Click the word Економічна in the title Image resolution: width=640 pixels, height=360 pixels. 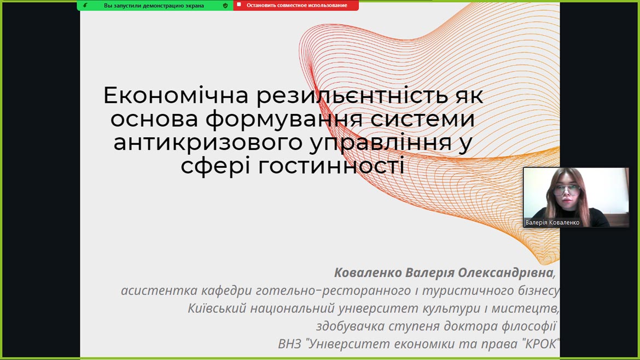click(176, 96)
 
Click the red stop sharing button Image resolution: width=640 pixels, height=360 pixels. click(296, 5)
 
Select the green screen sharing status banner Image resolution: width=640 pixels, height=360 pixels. click(155, 5)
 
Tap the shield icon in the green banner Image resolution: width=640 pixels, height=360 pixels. click(225, 5)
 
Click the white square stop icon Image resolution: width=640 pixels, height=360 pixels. click(239, 5)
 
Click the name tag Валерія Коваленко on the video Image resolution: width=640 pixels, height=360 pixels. click(552, 223)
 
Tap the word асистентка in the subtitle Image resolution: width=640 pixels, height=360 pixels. click(154, 291)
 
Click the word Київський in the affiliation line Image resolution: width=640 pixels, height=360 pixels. click(217, 308)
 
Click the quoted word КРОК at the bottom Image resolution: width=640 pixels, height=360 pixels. click(540, 344)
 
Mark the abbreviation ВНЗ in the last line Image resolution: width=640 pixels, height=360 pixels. click(289, 344)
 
